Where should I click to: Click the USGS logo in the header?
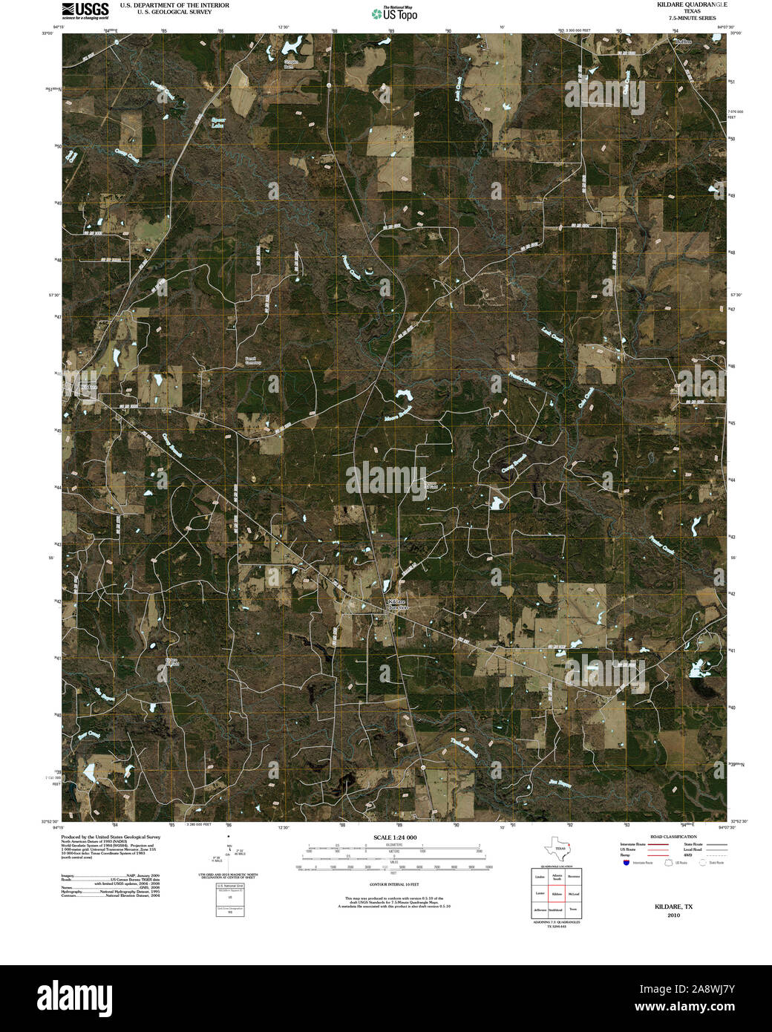(x=85, y=10)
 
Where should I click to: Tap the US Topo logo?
(x=394, y=13)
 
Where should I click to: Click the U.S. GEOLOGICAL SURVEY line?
(x=174, y=12)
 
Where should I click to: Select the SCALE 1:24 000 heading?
(x=395, y=837)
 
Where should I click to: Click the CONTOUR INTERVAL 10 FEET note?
(x=394, y=884)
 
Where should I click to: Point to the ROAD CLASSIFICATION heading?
(x=673, y=837)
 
